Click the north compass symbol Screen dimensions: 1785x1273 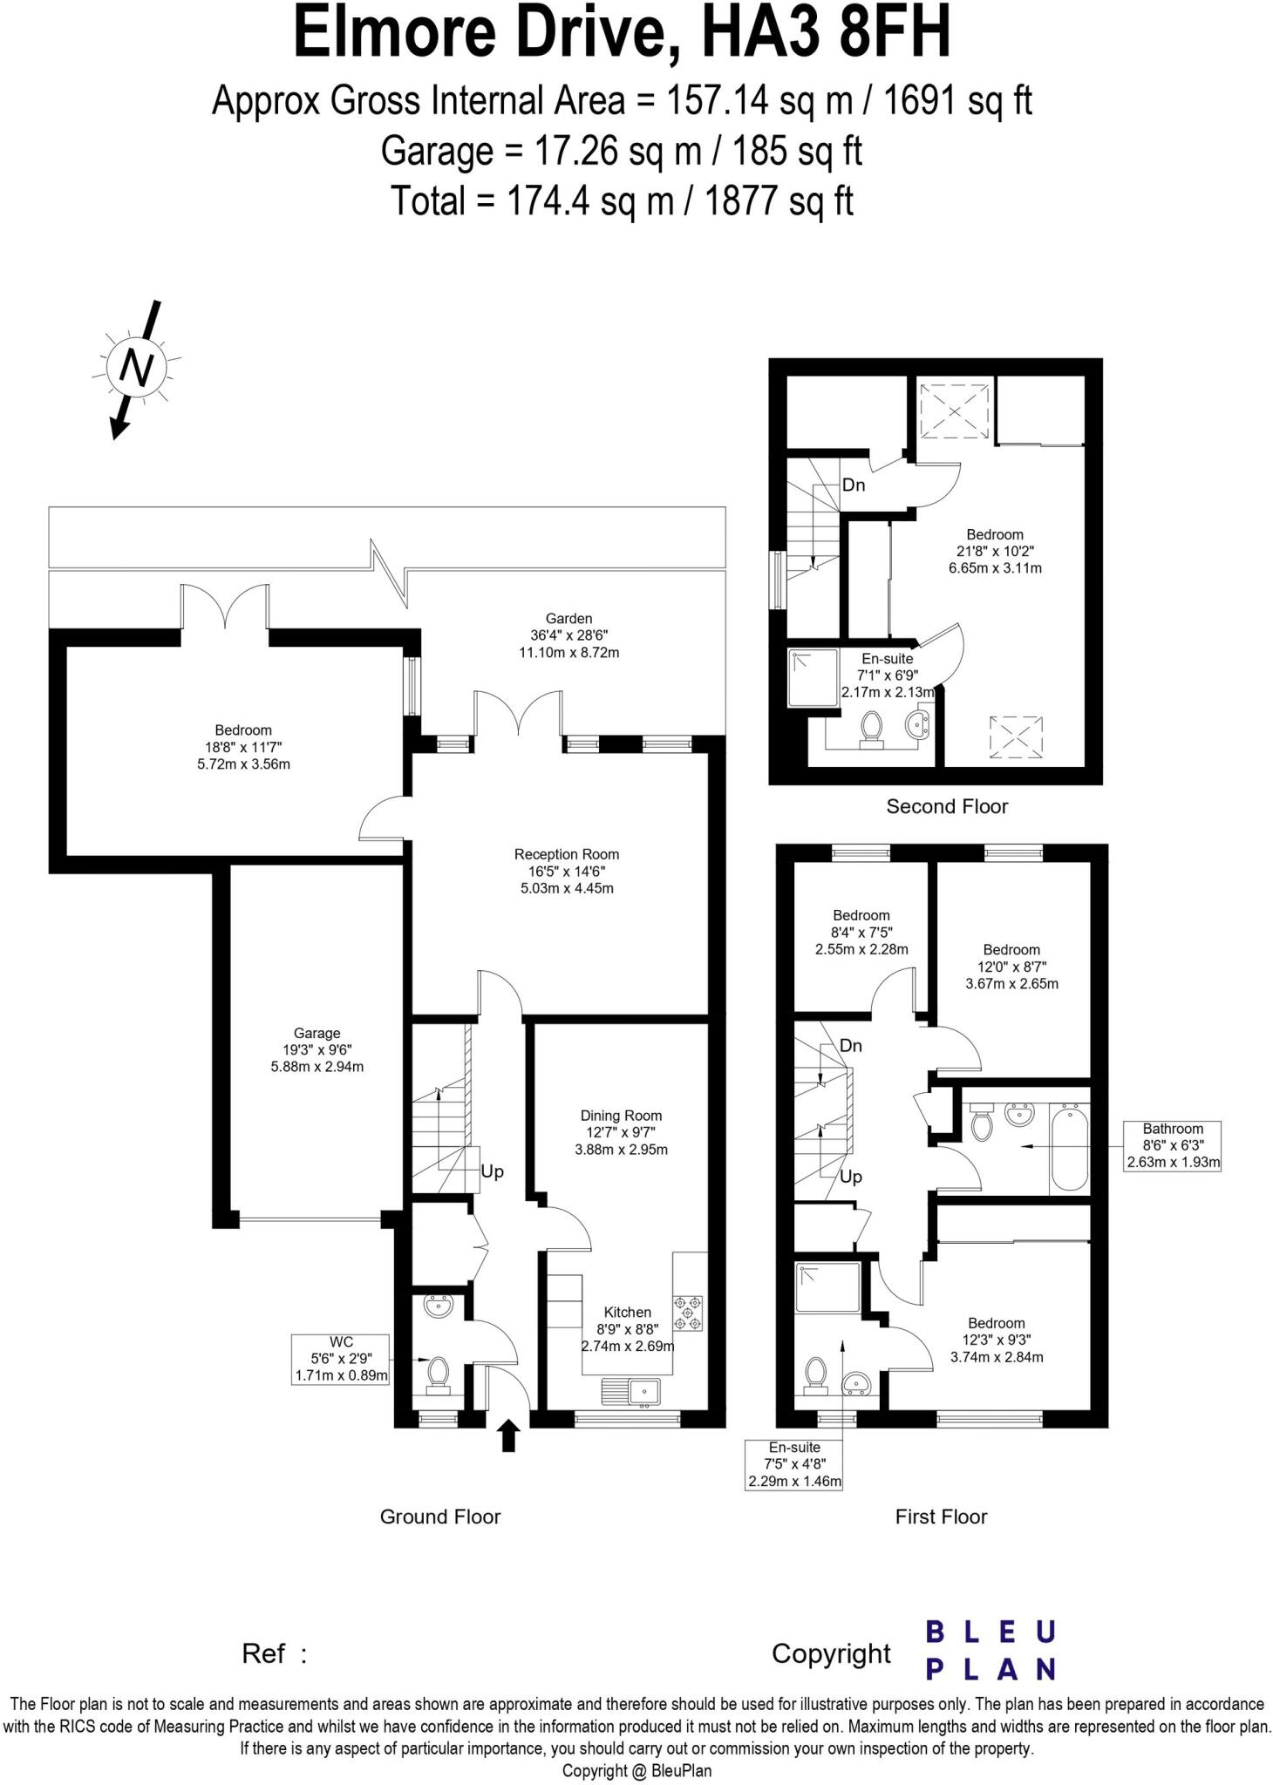click(x=135, y=369)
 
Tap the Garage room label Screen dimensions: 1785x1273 click(x=317, y=1049)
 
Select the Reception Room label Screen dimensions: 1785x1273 click(x=566, y=871)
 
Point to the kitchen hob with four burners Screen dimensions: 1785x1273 click(x=689, y=1313)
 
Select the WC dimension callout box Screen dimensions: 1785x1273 click(x=341, y=1359)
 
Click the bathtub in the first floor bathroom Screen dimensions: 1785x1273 click(x=1069, y=1148)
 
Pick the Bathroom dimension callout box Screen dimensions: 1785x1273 click(x=1173, y=1145)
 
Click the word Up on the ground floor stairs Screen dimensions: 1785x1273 click(x=492, y=1171)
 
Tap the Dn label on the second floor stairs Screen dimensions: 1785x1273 click(x=854, y=485)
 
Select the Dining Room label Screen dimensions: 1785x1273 click(x=621, y=1132)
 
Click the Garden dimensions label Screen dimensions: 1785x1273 click(x=568, y=635)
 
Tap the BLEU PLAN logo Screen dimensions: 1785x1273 click(x=990, y=1650)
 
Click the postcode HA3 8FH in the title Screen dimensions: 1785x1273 click(x=825, y=33)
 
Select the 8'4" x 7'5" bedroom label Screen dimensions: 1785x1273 click(x=861, y=932)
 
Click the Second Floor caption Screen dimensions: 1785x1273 click(x=947, y=806)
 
